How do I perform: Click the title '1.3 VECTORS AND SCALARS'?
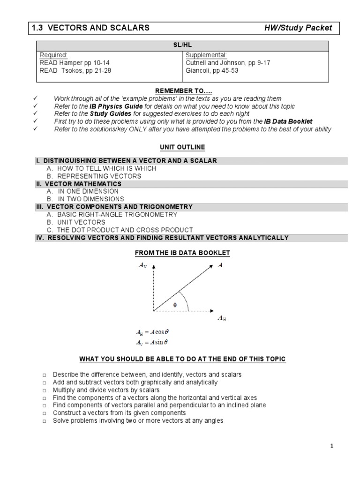pos(90,28)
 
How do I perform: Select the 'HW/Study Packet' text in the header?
pos(298,28)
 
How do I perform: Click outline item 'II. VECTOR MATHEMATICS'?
pos(77,184)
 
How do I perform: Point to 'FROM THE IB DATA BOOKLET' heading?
pos(182,253)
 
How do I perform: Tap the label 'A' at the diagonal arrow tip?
pos(220,265)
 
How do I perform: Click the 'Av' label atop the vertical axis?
pos(142,265)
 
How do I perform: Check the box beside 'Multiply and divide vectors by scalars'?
pos(44,390)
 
